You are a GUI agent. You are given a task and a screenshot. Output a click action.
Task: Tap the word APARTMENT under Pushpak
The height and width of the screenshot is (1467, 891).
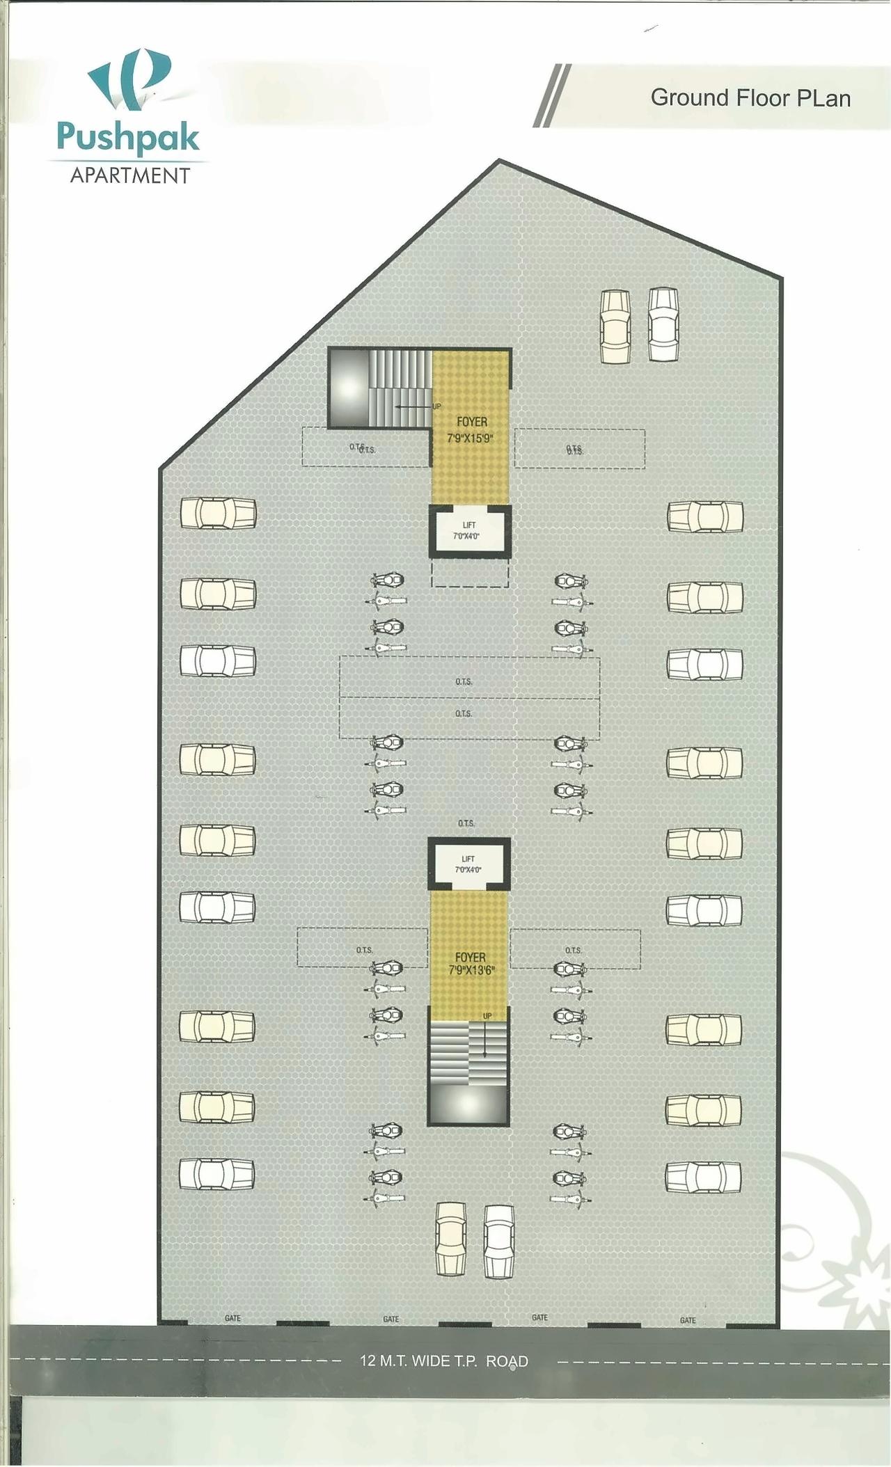coord(130,175)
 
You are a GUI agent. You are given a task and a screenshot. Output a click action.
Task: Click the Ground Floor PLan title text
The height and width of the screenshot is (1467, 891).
coord(750,98)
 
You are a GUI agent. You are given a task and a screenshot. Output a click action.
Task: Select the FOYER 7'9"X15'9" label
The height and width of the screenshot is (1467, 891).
coord(471,429)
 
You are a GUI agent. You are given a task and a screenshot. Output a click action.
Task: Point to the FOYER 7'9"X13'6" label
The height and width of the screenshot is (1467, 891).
coord(471,964)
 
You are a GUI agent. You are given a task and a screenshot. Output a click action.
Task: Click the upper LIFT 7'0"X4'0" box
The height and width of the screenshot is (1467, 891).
coord(468,531)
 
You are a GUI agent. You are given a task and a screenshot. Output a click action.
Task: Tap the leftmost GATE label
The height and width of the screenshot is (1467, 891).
coord(232,1318)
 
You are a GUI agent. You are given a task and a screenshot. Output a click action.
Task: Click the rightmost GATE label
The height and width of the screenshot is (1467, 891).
coord(688,1320)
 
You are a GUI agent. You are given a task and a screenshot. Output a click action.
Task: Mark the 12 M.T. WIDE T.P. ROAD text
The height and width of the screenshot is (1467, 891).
coord(444,1361)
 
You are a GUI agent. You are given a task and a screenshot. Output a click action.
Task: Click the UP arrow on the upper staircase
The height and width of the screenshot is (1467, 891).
coord(412,405)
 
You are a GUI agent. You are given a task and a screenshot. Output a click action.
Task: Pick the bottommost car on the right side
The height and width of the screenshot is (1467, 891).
coord(703,1176)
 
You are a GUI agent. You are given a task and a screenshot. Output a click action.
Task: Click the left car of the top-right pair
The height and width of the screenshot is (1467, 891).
coord(615,326)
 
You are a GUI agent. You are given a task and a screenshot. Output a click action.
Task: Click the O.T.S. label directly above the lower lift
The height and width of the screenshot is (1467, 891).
coord(466,823)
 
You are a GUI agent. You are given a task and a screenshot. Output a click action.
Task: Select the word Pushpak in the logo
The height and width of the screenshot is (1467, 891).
coord(129,137)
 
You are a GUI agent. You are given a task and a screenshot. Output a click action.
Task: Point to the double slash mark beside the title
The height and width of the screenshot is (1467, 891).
coord(552,95)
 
